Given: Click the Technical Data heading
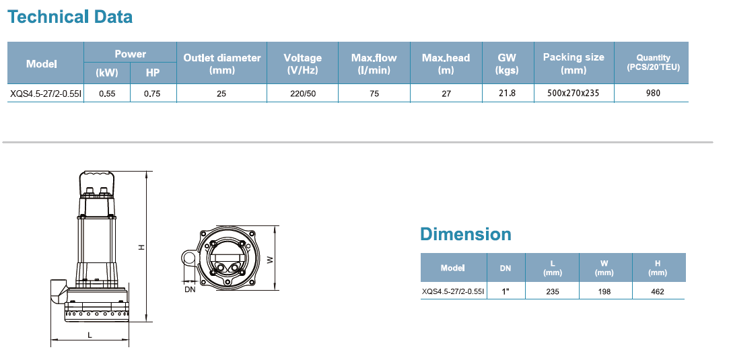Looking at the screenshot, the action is (x=70, y=17).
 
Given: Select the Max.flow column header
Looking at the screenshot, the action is (x=374, y=64).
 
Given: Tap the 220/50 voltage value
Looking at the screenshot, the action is (x=303, y=94).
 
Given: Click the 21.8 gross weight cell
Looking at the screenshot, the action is (x=507, y=93).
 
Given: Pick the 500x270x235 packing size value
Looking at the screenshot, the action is (x=574, y=93).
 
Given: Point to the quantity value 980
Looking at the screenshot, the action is (x=653, y=93).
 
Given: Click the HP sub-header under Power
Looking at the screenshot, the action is (x=153, y=73).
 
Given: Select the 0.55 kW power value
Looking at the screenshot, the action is (x=108, y=94).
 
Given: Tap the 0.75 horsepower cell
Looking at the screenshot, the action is (x=152, y=94).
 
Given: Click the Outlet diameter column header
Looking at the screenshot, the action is (x=221, y=64).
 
